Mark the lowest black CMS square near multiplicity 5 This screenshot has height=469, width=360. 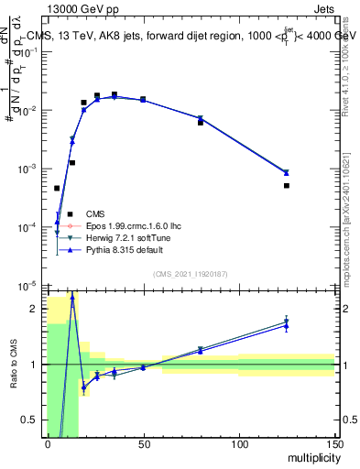click(57, 189)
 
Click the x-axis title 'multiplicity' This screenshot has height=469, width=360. click(310, 458)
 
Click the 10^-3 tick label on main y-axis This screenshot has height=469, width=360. click(29, 169)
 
